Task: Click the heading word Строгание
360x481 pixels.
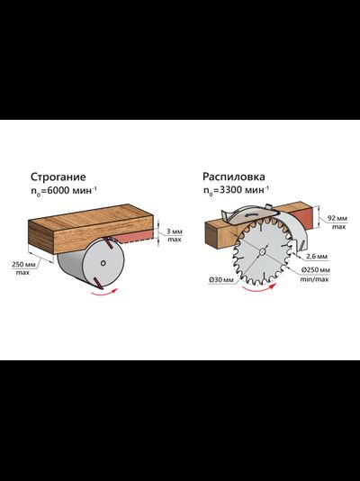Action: [58, 177]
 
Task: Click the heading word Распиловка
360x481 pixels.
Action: [234, 177]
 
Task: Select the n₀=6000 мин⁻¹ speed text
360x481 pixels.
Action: [63, 191]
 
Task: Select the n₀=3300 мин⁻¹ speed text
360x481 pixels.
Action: [236, 190]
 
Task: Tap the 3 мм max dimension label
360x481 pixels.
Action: [175, 235]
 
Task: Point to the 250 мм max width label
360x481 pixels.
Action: [22, 268]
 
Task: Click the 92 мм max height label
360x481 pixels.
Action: [337, 222]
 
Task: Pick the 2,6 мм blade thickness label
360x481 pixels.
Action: [317, 256]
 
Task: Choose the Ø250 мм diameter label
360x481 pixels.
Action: [315, 270]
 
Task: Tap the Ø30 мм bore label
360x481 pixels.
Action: [220, 280]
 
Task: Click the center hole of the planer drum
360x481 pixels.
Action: [103, 263]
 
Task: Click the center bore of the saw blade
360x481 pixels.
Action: [262, 251]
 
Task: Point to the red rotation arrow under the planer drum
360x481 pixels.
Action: [104, 293]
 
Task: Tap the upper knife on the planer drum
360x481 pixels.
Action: [108, 242]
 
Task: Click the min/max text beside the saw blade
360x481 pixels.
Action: [314, 279]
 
